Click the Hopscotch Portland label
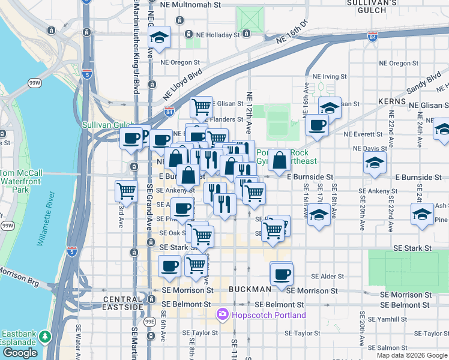(261, 315)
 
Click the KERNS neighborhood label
(393, 102)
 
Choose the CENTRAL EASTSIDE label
(123, 299)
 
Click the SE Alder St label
(327, 277)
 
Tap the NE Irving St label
(330, 77)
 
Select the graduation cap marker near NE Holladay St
(160, 38)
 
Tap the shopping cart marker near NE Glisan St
(202, 107)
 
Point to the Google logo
(20, 353)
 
